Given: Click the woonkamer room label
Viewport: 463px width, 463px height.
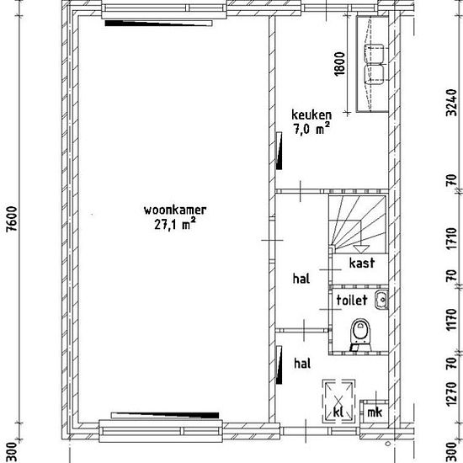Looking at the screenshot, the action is (175, 210).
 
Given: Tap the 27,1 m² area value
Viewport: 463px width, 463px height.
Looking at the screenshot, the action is (175, 224).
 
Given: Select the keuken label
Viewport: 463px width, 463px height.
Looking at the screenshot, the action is (311, 114).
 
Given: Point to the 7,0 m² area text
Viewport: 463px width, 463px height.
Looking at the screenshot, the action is (311, 129).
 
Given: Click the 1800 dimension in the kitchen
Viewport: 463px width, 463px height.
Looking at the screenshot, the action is (340, 64).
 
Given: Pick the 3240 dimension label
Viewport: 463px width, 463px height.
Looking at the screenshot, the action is (452, 102).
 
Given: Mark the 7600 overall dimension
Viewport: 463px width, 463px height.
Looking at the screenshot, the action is (13, 219).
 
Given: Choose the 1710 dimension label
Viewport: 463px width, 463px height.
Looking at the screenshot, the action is (452, 238).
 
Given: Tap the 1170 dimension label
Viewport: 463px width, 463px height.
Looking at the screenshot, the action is (452, 320).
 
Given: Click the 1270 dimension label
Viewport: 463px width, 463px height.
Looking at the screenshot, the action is (452, 394).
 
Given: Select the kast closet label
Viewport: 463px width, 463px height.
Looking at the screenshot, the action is (362, 263).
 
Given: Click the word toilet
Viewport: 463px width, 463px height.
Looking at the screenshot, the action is (352, 300).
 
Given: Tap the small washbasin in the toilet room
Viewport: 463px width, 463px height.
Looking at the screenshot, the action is (381, 300).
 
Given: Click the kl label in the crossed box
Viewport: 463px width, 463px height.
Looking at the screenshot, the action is (338, 412).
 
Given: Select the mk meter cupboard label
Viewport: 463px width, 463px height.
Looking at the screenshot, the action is (375, 412).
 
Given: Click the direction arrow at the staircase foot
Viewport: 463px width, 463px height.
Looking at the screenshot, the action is (360, 249).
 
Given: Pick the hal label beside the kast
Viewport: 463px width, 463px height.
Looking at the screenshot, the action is (301, 279).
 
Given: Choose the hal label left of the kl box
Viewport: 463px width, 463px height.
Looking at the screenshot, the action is (302, 364).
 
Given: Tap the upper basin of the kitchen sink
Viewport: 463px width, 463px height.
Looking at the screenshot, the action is (375, 53).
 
